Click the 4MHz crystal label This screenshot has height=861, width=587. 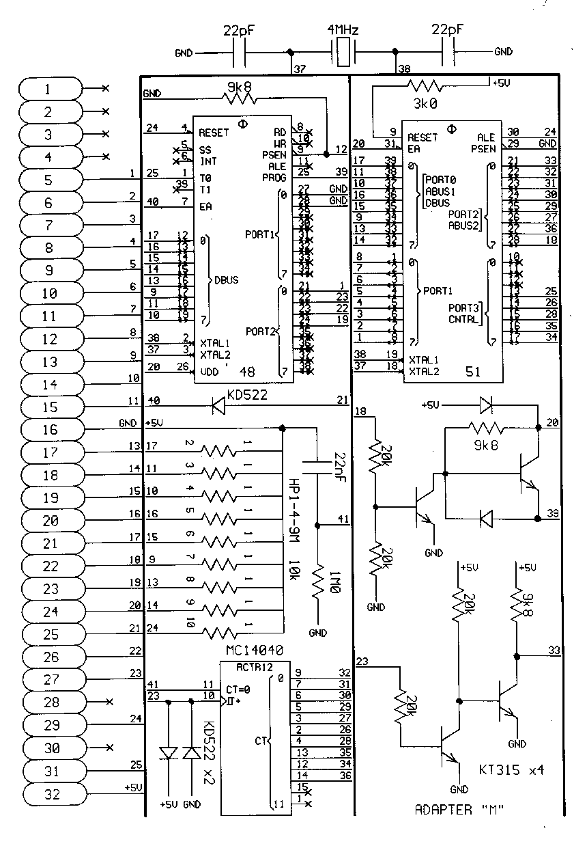tap(343, 31)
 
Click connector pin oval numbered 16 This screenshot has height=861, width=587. tap(52, 429)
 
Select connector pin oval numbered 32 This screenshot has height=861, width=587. tap(52, 793)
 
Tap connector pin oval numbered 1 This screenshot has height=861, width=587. tap(52, 89)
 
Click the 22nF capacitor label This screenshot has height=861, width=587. tap(339, 464)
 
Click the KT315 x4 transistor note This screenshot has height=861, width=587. tap(512, 770)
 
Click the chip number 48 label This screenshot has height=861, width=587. tap(248, 371)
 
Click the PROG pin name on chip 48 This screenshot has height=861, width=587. tap(274, 178)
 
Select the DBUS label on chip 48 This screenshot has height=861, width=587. tap(227, 280)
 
